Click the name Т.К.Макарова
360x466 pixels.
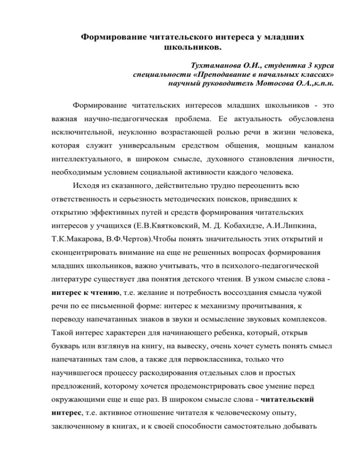click(x=75, y=239)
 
